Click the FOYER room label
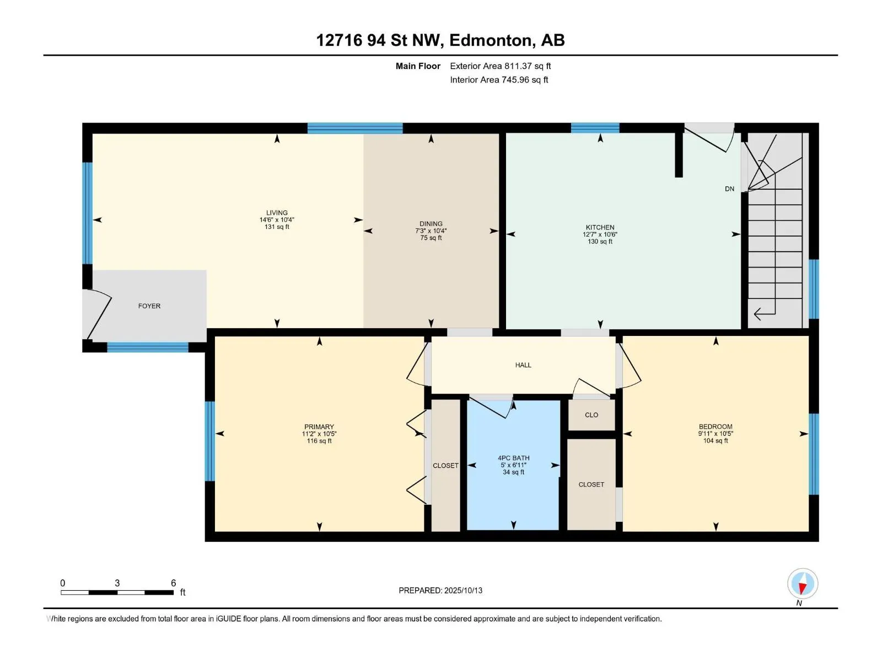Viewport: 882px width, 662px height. pyautogui.click(x=149, y=306)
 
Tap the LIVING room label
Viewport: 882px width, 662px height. pyautogui.click(x=277, y=212)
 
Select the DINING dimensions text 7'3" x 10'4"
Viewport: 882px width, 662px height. pyautogui.click(x=431, y=231)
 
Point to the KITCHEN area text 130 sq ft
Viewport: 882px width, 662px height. pyautogui.click(x=600, y=241)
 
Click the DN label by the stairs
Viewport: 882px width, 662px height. pyautogui.click(x=729, y=189)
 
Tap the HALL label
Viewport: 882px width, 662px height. pyautogui.click(x=523, y=365)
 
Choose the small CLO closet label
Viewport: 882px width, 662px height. pyautogui.click(x=591, y=415)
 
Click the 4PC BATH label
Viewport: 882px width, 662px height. pyautogui.click(x=514, y=458)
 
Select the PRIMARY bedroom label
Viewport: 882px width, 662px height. pyautogui.click(x=319, y=426)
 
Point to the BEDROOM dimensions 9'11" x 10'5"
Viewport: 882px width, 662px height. pyautogui.click(x=716, y=433)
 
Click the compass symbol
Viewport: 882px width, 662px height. pyautogui.click(x=803, y=583)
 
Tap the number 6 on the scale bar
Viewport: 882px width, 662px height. pyautogui.click(x=174, y=583)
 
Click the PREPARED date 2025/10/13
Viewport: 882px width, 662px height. pyautogui.click(x=463, y=590)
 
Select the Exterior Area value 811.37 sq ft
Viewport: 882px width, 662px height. pyautogui.click(x=528, y=66)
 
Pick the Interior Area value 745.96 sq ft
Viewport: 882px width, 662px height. pyautogui.click(x=525, y=79)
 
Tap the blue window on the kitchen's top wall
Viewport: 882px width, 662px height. pyautogui.click(x=595, y=128)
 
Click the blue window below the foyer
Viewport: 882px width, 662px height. pyautogui.click(x=148, y=348)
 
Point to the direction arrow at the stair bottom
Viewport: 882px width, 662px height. pyautogui.click(x=764, y=313)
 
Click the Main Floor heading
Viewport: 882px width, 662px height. pyautogui.click(x=418, y=66)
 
